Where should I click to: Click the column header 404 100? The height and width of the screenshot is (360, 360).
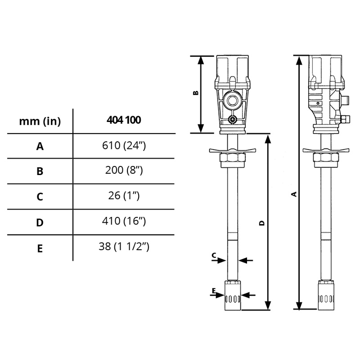[124, 120]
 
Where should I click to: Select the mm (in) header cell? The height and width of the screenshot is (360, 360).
[40, 121]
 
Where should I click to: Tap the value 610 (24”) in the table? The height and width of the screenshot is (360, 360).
[124, 145]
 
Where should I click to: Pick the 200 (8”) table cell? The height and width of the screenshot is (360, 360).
[124, 171]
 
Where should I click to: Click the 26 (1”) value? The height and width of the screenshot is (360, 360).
[124, 196]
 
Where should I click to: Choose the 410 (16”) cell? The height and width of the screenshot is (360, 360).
[124, 221]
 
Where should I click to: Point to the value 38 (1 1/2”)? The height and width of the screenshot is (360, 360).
[124, 246]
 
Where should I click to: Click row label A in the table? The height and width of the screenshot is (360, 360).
[40, 146]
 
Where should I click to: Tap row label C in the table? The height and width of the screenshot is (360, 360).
[40, 197]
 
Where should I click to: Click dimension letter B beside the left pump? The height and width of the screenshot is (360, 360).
[195, 93]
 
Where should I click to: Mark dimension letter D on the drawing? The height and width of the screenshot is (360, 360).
[262, 223]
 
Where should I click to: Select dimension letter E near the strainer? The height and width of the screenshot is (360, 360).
[214, 291]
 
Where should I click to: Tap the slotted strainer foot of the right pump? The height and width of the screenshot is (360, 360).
[327, 297]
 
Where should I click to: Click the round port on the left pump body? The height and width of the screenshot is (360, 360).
[233, 100]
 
